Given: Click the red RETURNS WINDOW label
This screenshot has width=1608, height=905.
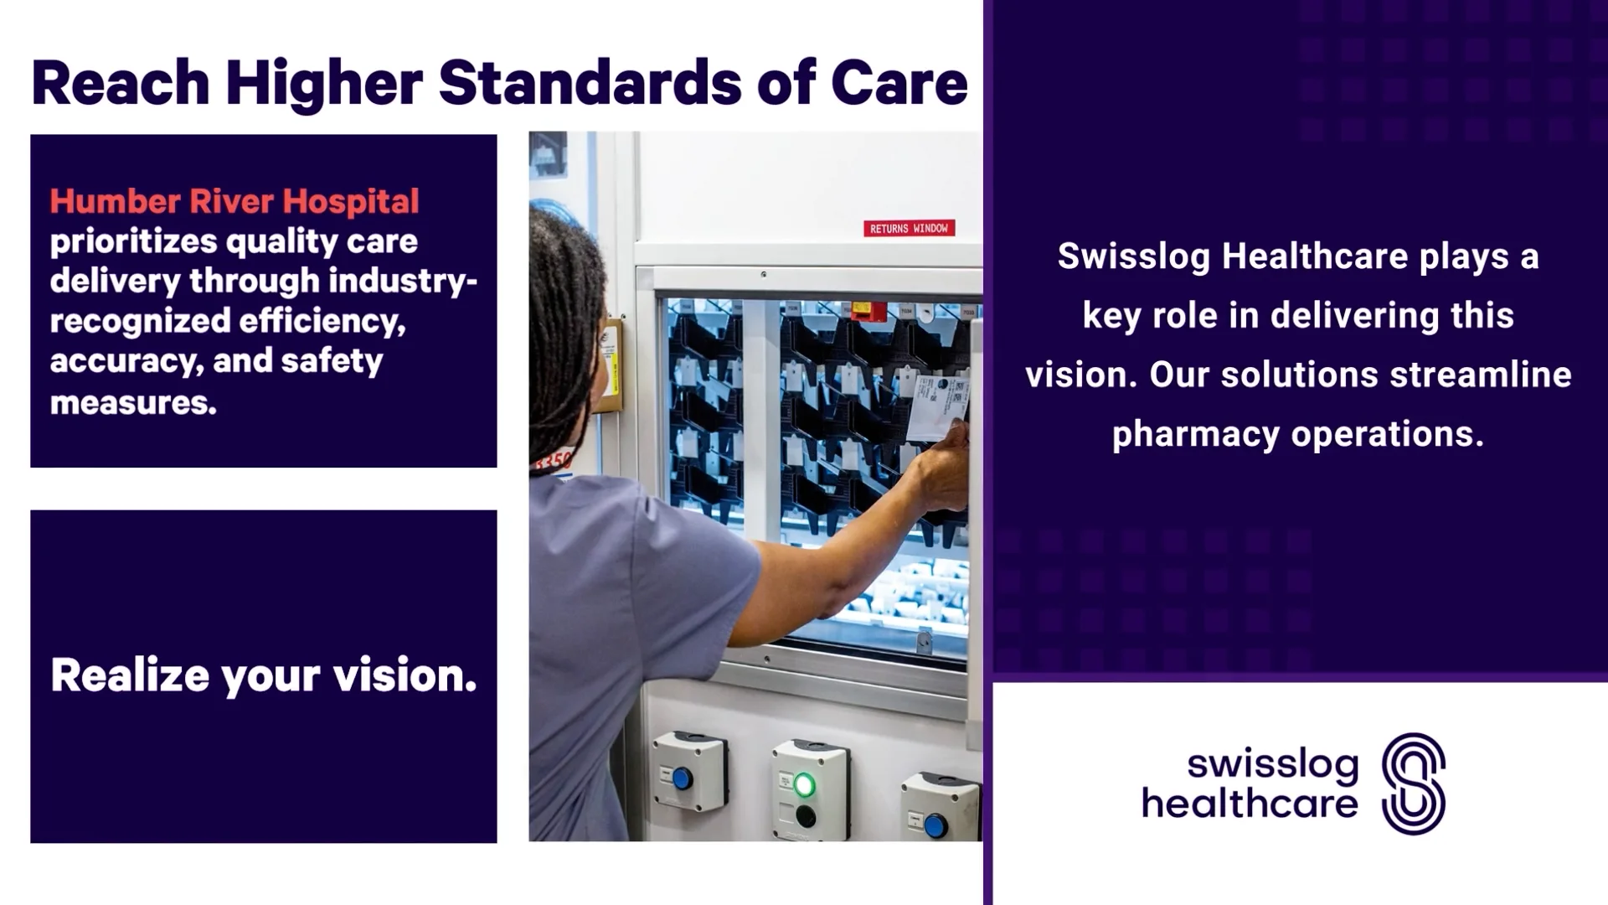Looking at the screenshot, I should click(909, 228).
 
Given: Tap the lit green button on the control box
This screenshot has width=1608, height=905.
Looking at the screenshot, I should click(804, 785).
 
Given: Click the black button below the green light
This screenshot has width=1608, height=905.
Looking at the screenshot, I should click(805, 815).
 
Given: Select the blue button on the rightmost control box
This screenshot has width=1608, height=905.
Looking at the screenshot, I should click(935, 825).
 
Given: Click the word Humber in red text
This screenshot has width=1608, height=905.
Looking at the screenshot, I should click(115, 201).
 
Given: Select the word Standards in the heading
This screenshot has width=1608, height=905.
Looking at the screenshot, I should click(590, 83).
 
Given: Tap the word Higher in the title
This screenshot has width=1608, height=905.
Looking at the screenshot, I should click(323, 83).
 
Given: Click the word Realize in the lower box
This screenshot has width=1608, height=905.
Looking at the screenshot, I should click(130, 675).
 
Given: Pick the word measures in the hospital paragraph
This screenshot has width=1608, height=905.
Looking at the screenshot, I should click(133, 402).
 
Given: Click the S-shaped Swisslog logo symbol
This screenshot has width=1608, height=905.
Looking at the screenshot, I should click(1413, 783).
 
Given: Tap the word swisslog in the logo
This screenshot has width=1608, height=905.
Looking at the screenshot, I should click(1272, 764).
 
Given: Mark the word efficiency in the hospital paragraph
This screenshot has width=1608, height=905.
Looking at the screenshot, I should click(322, 322).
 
